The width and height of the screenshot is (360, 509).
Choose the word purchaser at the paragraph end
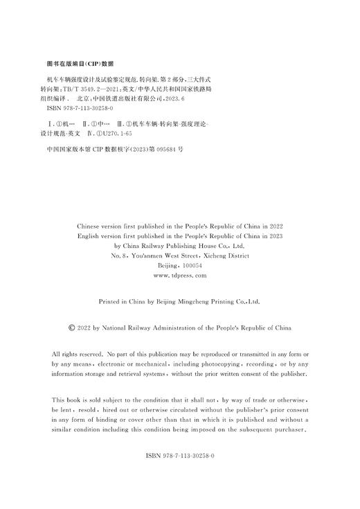coord(289,429)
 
